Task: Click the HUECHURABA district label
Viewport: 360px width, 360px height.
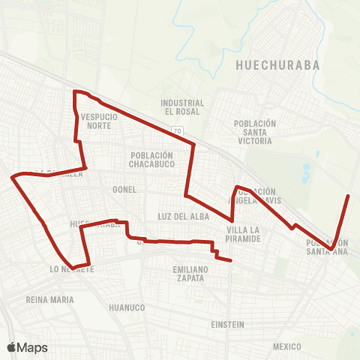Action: [x=277, y=64]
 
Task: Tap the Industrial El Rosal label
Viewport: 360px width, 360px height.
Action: [x=183, y=107]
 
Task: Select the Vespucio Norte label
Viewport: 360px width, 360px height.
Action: [x=96, y=121]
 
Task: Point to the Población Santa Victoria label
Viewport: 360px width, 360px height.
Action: [x=255, y=131]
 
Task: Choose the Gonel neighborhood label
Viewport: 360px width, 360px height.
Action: [x=124, y=190]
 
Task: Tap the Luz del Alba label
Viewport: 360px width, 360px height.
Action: [x=176, y=216]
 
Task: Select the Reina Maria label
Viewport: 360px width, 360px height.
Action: [x=50, y=300]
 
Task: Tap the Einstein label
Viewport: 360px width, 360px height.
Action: [x=228, y=325]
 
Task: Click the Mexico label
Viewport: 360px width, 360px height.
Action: [x=286, y=346]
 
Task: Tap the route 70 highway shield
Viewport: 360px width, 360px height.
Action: [x=177, y=131]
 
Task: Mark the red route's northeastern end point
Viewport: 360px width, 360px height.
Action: [x=349, y=196]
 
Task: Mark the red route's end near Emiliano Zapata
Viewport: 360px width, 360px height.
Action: [x=230, y=261]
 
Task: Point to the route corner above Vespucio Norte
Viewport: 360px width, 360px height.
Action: [x=74, y=91]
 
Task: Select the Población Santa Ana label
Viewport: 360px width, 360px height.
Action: [x=327, y=247]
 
